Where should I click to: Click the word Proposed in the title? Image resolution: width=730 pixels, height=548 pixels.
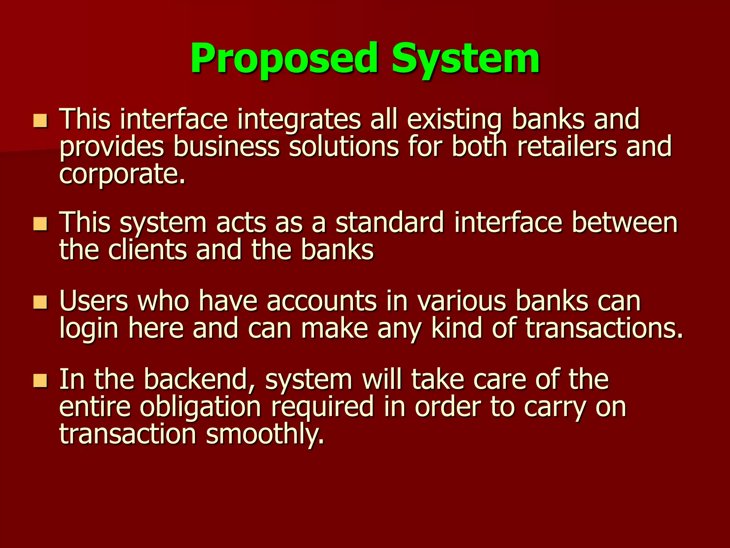pos(284,58)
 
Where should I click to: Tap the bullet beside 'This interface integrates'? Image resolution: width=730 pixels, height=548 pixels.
pos(40,121)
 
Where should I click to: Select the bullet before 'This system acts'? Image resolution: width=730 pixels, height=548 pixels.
pos(40,224)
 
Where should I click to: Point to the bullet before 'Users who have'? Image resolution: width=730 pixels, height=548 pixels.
pos(40,302)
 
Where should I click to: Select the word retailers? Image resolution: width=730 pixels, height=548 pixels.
pos(567,147)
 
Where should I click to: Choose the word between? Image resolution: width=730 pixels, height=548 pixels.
pos(624,223)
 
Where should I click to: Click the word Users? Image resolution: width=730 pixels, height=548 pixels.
pos(94,301)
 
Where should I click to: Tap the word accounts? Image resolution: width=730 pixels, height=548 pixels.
pos(322,301)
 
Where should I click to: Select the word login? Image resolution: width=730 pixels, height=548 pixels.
pos(88,329)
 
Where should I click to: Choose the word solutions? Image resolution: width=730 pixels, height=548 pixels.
pos(343,147)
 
